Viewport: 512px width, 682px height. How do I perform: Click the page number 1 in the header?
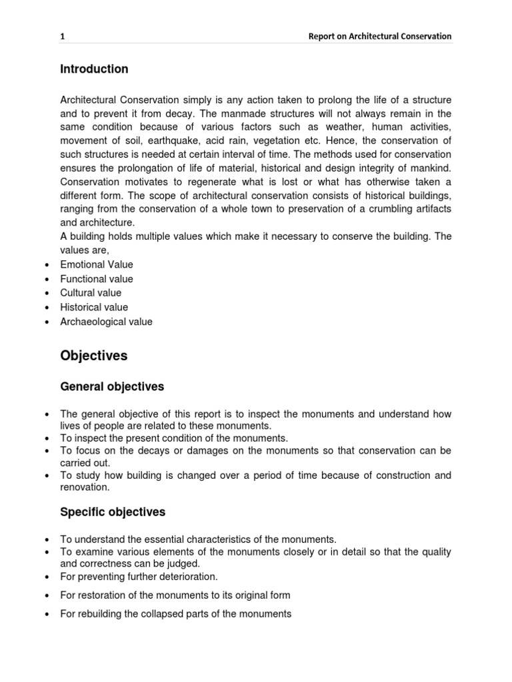click(63, 37)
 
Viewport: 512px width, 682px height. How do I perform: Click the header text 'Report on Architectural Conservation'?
click(379, 37)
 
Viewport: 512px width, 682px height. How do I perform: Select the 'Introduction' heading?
click(94, 69)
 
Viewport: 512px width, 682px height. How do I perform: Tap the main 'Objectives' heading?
click(93, 356)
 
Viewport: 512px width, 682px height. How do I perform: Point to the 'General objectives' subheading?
click(112, 387)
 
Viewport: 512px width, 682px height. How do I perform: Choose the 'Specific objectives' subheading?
click(113, 512)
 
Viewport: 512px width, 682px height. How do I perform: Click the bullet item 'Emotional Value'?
click(97, 264)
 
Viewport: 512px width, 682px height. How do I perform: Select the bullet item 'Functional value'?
click(97, 279)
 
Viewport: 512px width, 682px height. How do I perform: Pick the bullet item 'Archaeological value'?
click(106, 322)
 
